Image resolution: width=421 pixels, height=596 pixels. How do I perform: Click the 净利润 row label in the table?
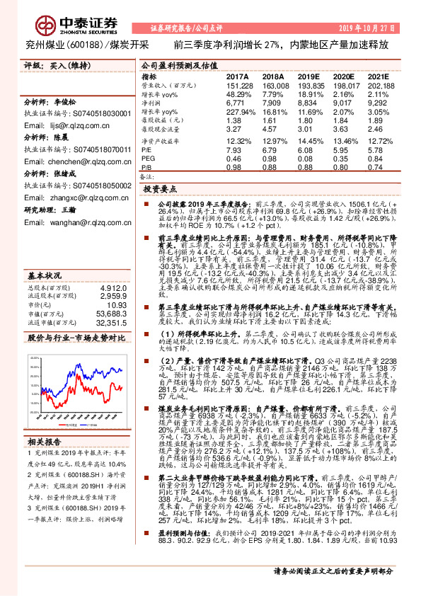[151, 103]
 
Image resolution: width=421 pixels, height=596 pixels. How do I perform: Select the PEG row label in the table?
[149, 159]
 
